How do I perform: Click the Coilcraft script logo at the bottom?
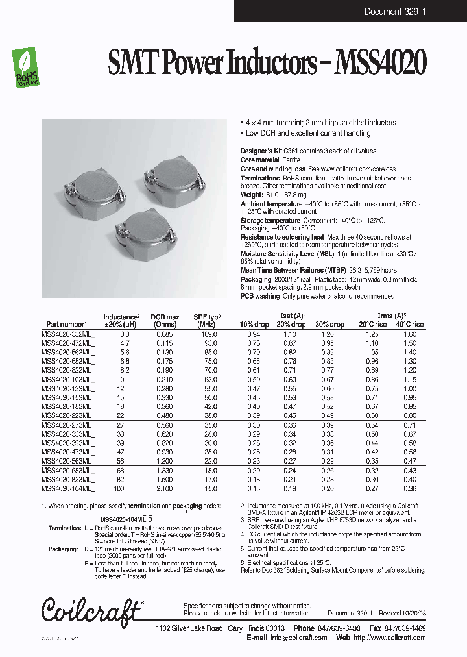pos(91,610)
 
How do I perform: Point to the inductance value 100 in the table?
pos(119,488)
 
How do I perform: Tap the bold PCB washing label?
pos(260,296)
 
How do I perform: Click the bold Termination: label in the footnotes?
pos(64,528)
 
